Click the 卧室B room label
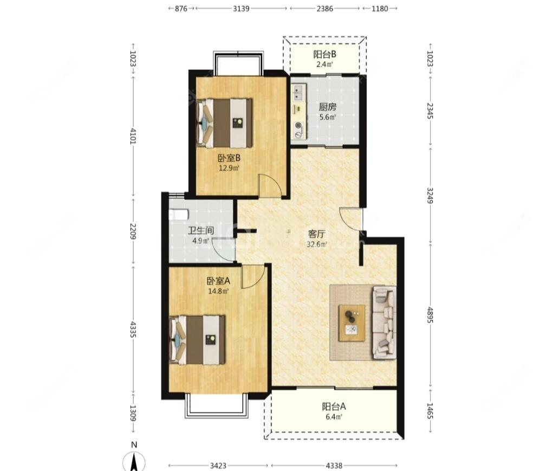[x=229, y=157]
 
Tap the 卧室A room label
[x=218, y=281]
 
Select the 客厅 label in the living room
[x=316, y=234]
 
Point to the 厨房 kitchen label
[x=327, y=107]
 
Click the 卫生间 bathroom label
[x=201, y=230]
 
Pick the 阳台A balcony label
[x=334, y=407]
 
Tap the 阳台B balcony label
[x=324, y=54]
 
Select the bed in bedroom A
[x=198, y=339]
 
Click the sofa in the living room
[x=385, y=322]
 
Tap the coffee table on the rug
[x=352, y=323]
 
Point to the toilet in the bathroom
[x=178, y=215]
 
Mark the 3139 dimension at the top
[x=241, y=9]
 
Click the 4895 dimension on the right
[x=430, y=315]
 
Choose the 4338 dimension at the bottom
[x=334, y=466]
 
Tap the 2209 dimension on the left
[x=133, y=231]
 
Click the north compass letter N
[x=134, y=444]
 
